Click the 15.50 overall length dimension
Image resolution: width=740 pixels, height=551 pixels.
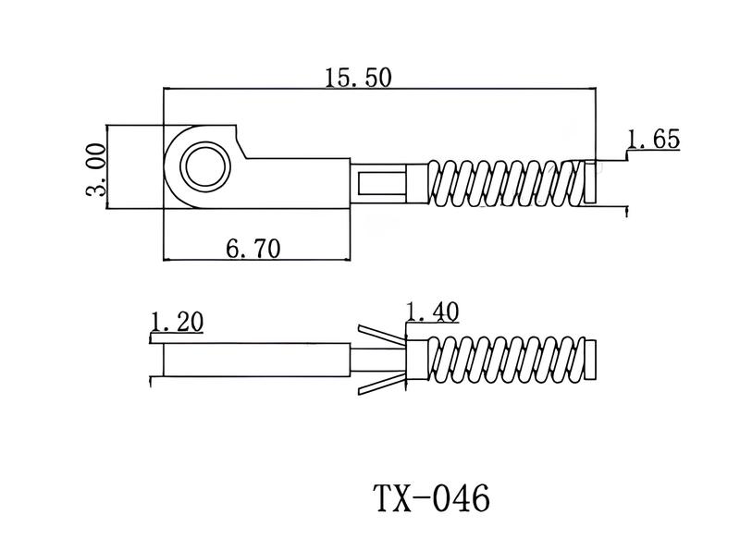point(358,78)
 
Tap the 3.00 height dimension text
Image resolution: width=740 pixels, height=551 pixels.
point(97,168)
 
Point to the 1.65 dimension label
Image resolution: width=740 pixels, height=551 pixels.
point(653,140)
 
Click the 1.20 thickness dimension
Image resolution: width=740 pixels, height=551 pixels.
point(176,322)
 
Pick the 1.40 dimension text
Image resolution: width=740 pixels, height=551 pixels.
point(432,312)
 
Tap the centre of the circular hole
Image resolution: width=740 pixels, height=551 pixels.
point(203,167)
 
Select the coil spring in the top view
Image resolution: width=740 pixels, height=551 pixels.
point(504,181)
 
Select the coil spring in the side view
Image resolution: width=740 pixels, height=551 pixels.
point(504,360)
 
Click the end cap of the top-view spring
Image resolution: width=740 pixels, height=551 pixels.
point(589,181)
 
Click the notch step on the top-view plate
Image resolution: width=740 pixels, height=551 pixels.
point(241,142)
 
